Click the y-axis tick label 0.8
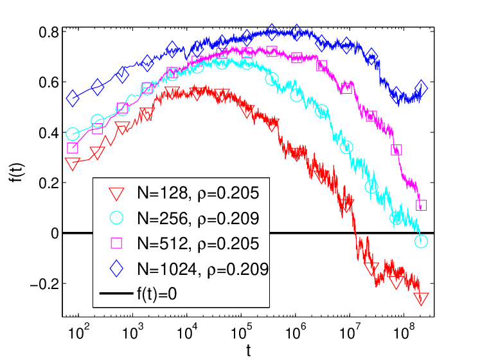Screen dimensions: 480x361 tap(48, 32)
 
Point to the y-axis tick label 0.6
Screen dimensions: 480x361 tap(48, 82)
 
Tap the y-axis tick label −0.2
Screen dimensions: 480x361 tap(44, 284)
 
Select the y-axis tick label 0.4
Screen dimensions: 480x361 tap(48, 133)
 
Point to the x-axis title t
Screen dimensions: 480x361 tap(248, 350)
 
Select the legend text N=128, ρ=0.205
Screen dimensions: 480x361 tap(198, 193)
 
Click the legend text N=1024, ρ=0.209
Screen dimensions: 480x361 tap(202, 269)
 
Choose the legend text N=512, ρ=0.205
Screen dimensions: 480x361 tap(198, 244)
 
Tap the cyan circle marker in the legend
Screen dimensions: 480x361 tap(117, 218)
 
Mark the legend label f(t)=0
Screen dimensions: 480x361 tap(157, 294)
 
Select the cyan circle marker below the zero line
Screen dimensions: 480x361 tap(422, 242)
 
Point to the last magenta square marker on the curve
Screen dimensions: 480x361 tap(422, 206)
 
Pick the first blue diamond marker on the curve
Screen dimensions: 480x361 tap(73, 98)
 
